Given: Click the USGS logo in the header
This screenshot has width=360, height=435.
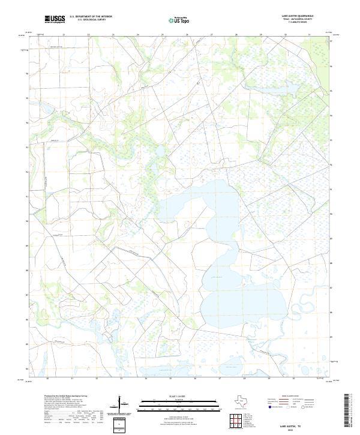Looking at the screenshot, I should tap(55, 19).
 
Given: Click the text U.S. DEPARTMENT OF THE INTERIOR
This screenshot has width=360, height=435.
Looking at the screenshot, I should tap(91, 17).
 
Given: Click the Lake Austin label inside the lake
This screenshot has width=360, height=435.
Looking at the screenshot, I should tap(215, 278).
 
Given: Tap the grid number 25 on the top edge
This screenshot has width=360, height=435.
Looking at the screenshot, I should tap(162, 35).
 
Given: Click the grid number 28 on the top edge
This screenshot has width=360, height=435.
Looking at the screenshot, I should tap(236, 35).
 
